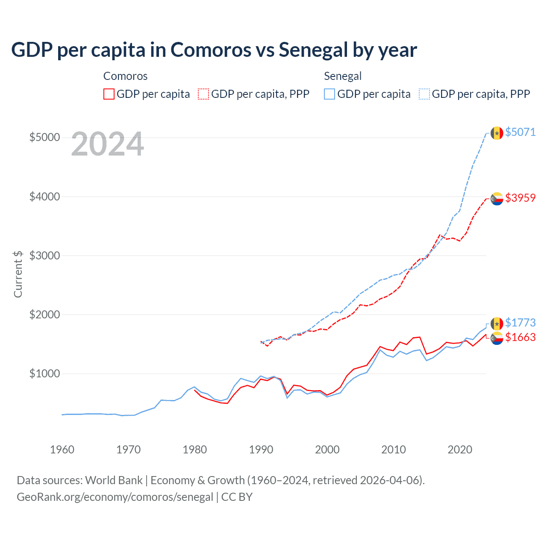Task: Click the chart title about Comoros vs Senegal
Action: pos(214,50)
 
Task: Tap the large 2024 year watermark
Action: pos(107,144)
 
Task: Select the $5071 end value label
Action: pos(520,132)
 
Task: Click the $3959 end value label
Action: pos(520,198)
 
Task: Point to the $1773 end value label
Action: pos(520,323)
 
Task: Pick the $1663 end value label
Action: pos(520,337)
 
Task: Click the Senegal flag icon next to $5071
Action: pos(497,133)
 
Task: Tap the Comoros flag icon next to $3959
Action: pos(497,199)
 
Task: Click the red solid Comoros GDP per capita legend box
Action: pos(109,94)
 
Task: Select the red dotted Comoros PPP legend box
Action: pos(203,94)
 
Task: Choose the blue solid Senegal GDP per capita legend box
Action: pos(329,94)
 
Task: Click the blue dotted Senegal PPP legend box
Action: pos(424,94)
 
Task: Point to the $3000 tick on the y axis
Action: pos(44,256)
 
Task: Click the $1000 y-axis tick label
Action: pos(44,373)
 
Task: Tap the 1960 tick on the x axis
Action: pos(62,450)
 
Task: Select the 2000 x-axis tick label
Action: pos(327,450)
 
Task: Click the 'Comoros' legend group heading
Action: pos(125,76)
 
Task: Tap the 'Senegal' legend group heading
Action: pos(343,76)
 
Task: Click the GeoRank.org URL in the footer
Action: pos(115,497)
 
